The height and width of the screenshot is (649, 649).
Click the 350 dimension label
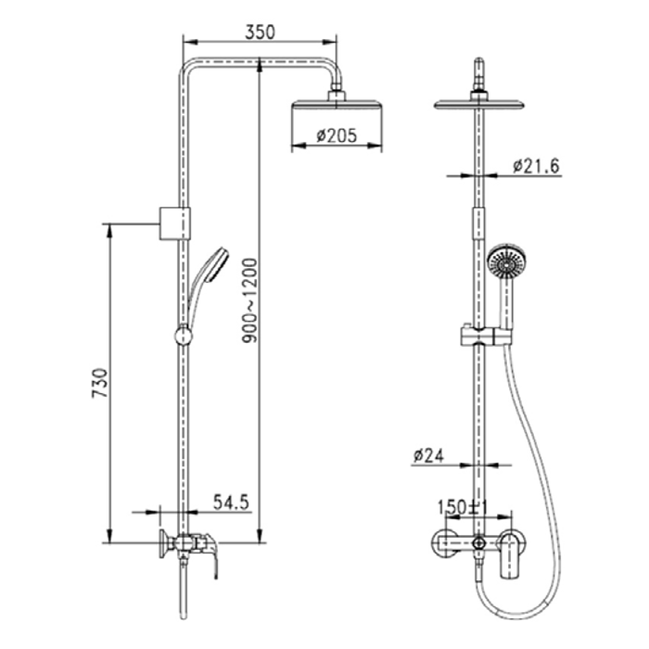pos(260,32)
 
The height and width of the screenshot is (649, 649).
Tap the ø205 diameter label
pos(337,135)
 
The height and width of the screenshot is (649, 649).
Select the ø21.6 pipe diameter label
pos(536,166)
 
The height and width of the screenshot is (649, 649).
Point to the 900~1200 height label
pos(249,300)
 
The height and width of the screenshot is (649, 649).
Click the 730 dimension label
pos(100,382)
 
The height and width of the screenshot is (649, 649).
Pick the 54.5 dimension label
pos(231,503)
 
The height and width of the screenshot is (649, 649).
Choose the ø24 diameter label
pos(428,455)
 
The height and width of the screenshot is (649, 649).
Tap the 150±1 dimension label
pos(464,506)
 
